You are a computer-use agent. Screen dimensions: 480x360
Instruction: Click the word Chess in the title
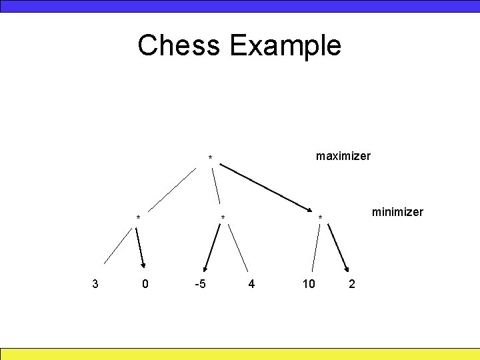[179, 45]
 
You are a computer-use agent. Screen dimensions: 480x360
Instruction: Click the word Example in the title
[285, 46]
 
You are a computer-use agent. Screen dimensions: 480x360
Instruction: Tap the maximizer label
[343, 156]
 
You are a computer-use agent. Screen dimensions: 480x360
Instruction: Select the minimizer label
[397, 212]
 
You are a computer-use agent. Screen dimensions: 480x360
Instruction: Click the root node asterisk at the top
[210, 159]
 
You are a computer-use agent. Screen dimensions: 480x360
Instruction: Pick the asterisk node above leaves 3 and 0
[138, 218]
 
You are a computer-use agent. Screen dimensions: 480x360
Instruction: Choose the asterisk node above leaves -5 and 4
[223, 218]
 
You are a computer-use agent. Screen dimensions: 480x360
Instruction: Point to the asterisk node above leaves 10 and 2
[320, 218]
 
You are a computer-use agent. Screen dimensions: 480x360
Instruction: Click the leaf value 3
[95, 284]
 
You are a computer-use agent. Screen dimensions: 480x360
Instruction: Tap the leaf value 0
[146, 284]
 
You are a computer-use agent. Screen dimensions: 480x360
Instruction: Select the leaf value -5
[199, 284]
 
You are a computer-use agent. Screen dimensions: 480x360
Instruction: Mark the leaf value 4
[251, 284]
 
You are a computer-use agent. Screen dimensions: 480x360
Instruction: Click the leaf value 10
[309, 284]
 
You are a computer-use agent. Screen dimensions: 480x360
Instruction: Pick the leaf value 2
[352, 284]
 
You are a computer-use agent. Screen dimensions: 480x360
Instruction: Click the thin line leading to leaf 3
[119, 247]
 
